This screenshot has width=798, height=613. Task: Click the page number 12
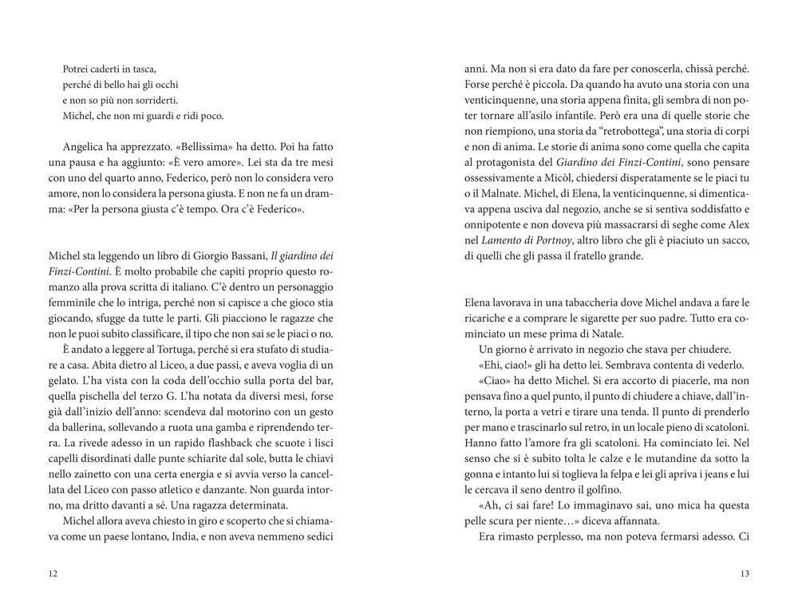pos(53,573)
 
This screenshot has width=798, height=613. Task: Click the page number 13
pos(745,573)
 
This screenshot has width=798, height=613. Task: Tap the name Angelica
pos(85,148)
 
